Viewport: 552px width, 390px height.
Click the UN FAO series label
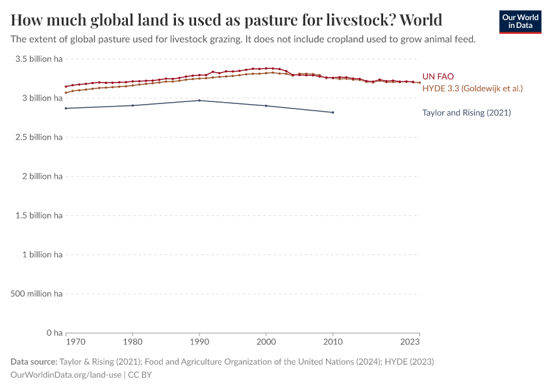(438, 77)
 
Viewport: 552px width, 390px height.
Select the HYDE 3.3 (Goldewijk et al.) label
(472, 88)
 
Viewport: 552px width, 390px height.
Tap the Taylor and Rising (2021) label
(466, 112)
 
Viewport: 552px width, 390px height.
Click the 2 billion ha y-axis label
(40, 176)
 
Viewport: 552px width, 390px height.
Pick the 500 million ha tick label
(37, 294)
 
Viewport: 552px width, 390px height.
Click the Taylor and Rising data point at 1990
(199, 100)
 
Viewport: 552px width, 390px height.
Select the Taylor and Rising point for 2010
(333, 112)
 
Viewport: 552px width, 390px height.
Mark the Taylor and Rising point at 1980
(132, 105)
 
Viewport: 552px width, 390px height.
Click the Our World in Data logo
(520, 21)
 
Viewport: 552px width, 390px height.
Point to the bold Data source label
(33, 361)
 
